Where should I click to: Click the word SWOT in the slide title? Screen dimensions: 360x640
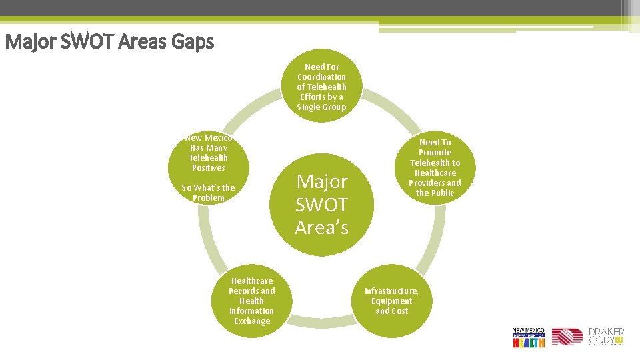[85, 43]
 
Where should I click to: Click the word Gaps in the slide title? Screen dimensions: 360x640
[192, 43]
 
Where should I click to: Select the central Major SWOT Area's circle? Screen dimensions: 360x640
[321, 204]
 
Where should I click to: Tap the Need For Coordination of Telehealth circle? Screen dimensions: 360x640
[321, 87]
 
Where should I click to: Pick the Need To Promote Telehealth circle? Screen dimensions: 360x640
[435, 167]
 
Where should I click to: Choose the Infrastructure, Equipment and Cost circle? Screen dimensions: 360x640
[392, 301]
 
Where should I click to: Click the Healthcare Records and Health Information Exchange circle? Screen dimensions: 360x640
[251, 301]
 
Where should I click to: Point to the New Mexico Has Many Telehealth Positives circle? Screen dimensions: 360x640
[208, 153]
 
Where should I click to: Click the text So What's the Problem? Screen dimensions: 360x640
[208, 193]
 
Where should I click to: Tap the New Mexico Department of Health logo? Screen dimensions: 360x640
[529, 337]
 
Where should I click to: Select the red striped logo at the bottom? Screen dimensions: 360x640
[567, 337]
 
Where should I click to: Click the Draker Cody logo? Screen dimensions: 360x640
[606, 337]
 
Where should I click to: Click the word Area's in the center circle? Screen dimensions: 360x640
[321, 227]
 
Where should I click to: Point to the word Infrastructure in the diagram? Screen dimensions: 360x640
[392, 291]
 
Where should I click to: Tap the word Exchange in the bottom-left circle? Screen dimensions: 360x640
[251, 321]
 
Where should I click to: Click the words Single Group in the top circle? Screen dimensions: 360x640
[321, 107]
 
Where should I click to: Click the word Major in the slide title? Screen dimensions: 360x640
[27, 43]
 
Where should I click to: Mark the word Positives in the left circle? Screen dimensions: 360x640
[208, 168]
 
